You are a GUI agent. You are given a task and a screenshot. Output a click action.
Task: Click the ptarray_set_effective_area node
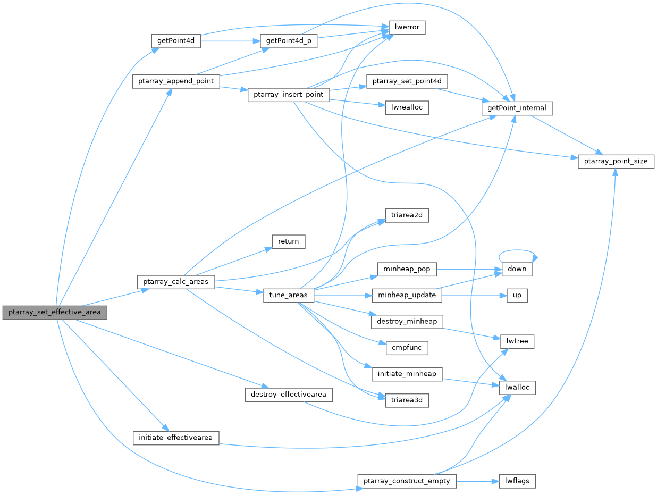click(x=55, y=312)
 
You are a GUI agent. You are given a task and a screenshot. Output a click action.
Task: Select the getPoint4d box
click(x=175, y=41)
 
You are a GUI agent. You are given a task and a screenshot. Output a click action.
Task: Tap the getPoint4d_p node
click(x=288, y=41)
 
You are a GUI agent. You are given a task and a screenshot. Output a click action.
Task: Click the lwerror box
click(x=408, y=27)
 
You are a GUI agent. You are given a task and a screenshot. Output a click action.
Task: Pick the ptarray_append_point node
click(x=175, y=81)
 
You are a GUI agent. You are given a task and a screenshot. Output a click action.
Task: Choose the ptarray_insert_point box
click(x=289, y=95)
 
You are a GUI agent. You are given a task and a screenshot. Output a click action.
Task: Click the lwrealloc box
click(x=407, y=107)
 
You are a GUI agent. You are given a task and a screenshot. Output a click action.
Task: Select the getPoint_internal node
click(x=517, y=108)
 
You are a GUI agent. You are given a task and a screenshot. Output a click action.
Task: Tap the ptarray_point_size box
click(x=616, y=161)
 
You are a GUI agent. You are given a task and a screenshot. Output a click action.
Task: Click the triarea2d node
click(x=407, y=215)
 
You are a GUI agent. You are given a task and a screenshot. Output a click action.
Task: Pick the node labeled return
click(x=289, y=241)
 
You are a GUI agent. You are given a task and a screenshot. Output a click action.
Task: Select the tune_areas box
click(x=289, y=295)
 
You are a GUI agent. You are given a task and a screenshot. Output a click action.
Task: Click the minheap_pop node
click(x=407, y=269)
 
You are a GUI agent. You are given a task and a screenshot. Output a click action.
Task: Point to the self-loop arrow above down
click(x=517, y=251)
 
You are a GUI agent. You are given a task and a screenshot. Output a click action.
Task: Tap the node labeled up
click(x=517, y=295)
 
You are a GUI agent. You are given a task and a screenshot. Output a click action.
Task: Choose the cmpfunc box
click(x=407, y=348)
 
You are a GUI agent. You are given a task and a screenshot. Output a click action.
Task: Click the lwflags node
click(x=517, y=481)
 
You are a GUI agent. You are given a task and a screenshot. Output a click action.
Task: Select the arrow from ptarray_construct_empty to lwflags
click(x=477, y=481)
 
